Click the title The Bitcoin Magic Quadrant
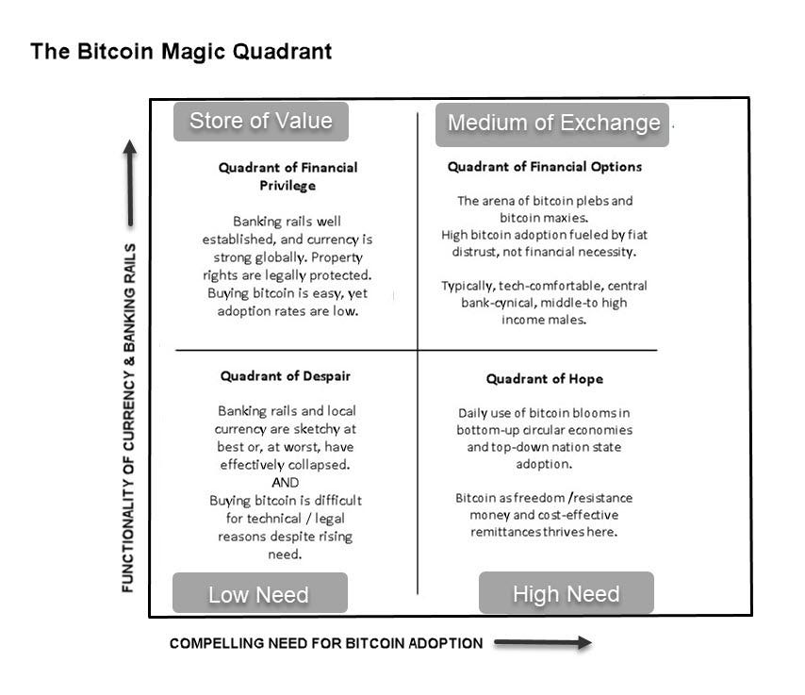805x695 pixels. [x=181, y=51]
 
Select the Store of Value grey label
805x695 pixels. [x=260, y=121]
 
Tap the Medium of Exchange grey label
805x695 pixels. [x=552, y=124]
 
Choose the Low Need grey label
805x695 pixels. [x=258, y=594]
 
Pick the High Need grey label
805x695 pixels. [x=566, y=594]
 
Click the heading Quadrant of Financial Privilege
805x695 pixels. [x=287, y=176]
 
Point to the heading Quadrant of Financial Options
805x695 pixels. [x=544, y=167]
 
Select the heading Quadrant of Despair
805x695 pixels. [x=285, y=375]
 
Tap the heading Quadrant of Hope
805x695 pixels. [x=544, y=379]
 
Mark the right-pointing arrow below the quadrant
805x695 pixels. [x=542, y=643]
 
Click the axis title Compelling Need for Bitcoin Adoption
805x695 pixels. [x=325, y=643]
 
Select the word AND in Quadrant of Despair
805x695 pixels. [x=285, y=482]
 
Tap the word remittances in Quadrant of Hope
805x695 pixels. [x=507, y=532]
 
